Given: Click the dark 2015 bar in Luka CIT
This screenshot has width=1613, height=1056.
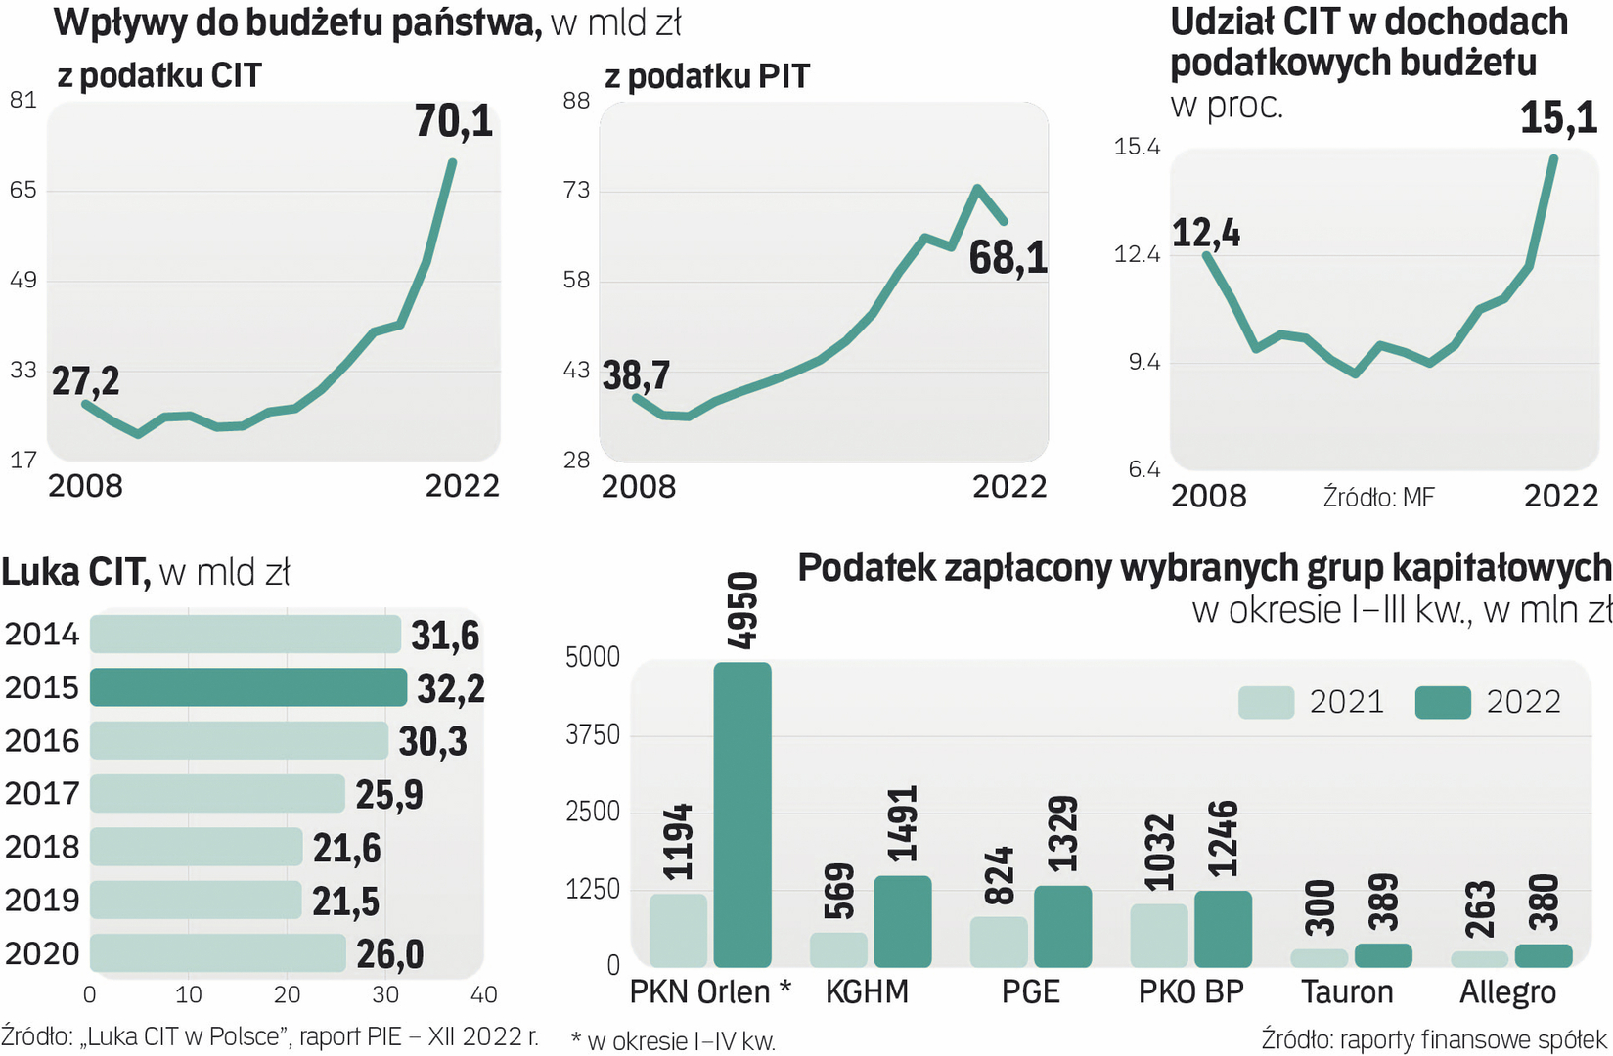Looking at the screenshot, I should point(247,687).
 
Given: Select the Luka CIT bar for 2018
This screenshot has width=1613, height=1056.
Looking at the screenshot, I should point(196,847).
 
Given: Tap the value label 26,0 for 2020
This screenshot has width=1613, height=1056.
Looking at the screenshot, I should point(389,954).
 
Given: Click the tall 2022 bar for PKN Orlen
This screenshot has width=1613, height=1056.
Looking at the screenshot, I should point(742,814).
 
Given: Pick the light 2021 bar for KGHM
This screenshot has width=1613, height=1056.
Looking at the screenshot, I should point(838,949).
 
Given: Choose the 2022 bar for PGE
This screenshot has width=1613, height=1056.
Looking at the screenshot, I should point(1062,926).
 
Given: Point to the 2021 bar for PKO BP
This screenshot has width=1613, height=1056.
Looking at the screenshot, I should point(1158,935).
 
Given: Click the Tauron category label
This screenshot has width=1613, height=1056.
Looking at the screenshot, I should point(1346,992).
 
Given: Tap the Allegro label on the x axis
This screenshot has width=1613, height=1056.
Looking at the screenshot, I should point(1507,992).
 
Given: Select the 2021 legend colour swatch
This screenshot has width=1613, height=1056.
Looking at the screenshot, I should point(1266,702).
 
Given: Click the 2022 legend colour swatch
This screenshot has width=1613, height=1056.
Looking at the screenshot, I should point(1442,702).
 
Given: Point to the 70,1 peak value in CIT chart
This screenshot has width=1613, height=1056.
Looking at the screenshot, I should point(454,121).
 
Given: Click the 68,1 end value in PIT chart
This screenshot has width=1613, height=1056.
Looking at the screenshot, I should point(1008,258).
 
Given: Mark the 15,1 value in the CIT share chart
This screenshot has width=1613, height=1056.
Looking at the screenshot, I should point(1558,118).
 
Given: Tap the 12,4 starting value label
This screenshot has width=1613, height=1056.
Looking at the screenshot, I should point(1206,233).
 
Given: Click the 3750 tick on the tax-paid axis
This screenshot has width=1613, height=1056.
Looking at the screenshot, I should point(593,735).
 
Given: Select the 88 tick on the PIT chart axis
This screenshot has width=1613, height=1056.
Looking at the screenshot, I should point(577,101).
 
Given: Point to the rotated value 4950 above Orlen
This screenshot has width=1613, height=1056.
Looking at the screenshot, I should point(742,611).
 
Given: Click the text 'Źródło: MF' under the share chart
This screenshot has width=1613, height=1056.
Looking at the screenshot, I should point(1378,498).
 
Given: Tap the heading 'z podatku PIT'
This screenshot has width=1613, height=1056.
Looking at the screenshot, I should point(707,76).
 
